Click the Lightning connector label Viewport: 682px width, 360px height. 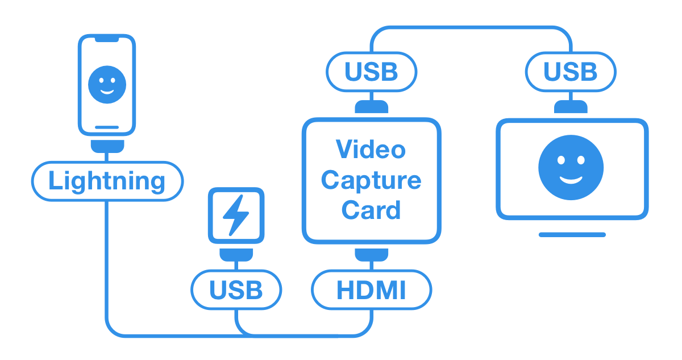(107, 181)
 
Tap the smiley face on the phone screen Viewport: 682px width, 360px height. (107, 84)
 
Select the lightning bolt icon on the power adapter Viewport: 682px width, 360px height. (235, 215)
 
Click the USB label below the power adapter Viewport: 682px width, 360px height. (236, 289)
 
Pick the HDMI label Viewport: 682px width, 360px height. (371, 289)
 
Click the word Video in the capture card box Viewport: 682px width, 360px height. (371, 150)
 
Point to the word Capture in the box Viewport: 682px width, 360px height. (371, 180)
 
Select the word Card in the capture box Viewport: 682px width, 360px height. (371, 210)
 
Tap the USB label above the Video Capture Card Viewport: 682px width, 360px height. (371, 72)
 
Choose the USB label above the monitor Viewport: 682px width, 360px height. (570, 72)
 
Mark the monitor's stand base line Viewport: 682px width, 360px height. (572, 234)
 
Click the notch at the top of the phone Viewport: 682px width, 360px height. (107, 39)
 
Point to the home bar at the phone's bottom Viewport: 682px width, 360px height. (107, 127)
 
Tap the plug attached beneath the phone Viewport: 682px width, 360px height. (107, 146)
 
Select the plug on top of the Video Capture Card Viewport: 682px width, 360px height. (371, 107)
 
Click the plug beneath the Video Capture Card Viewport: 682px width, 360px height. (371, 254)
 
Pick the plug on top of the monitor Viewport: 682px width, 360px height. (571, 107)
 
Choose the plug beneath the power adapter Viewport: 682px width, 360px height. (236, 254)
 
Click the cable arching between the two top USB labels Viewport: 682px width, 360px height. (471, 27)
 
